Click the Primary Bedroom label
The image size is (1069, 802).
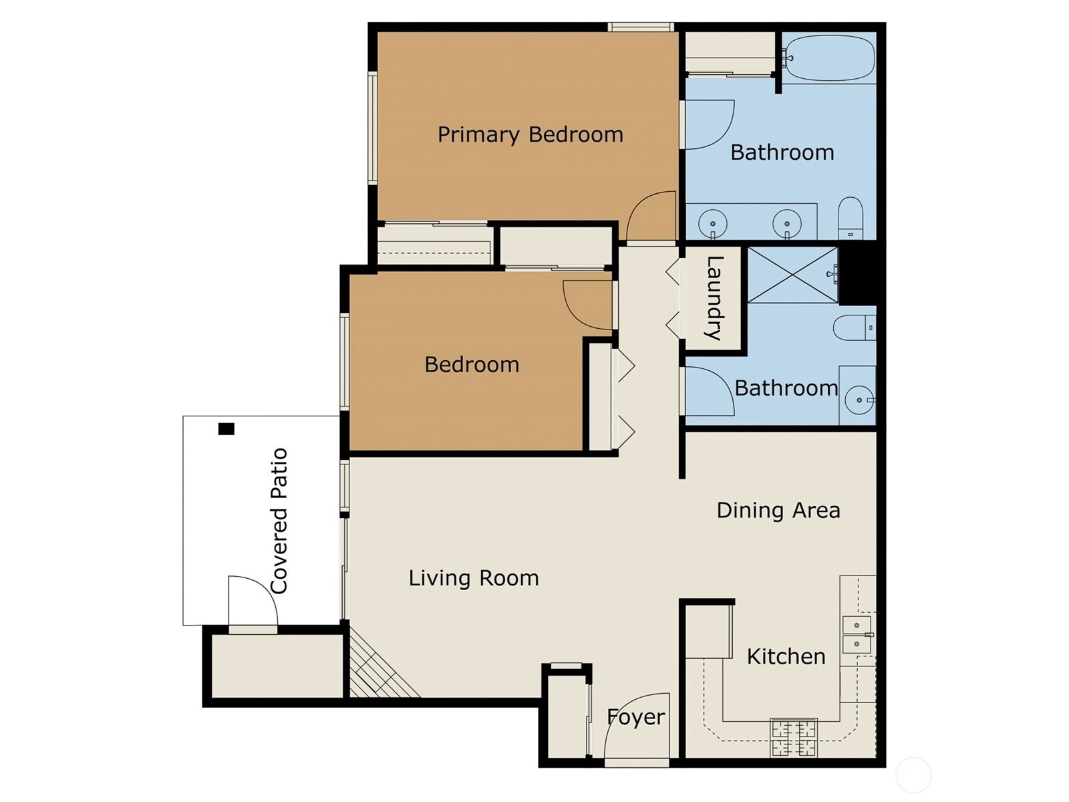click(x=530, y=135)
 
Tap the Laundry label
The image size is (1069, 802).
click(x=714, y=298)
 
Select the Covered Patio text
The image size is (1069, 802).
click(x=279, y=521)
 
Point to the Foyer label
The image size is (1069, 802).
click(x=636, y=717)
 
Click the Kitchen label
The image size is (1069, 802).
click(x=786, y=656)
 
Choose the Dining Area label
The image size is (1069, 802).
click(x=778, y=511)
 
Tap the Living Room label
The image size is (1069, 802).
click(x=474, y=578)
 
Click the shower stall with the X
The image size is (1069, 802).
click(x=793, y=275)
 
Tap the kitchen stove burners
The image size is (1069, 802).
click(x=794, y=737)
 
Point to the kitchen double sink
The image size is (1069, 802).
click(x=857, y=634)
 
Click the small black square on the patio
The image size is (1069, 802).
click(x=226, y=429)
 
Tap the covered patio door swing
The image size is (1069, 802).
click(x=253, y=601)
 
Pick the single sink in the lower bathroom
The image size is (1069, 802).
click(x=860, y=400)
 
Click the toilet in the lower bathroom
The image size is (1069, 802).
click(x=855, y=327)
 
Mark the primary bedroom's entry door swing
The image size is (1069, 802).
click(x=651, y=216)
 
